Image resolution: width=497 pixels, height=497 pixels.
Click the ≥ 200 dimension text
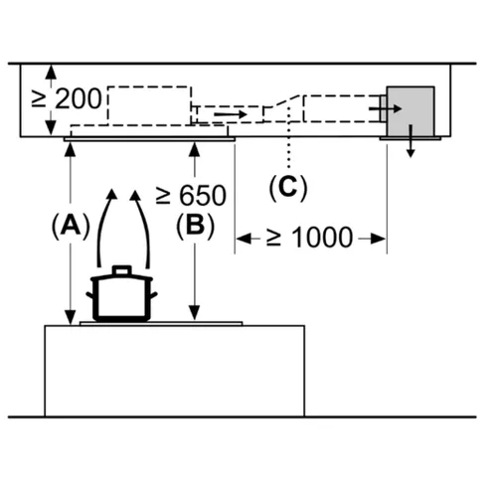coord(67,98)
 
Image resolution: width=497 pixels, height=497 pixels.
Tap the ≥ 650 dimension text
coord(191,195)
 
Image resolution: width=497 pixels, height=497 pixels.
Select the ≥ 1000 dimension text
coord(309,238)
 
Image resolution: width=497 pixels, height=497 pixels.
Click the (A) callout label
coord(71,225)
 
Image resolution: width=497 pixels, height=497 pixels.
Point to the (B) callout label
coord(195,226)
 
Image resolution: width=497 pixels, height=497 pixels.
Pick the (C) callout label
coord(288,188)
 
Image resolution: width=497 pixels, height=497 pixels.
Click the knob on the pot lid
coord(122,270)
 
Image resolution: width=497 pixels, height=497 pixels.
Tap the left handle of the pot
coord(89,295)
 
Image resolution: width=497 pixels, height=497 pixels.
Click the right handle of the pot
coord(154,295)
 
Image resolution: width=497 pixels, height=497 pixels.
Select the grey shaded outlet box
coord(411,111)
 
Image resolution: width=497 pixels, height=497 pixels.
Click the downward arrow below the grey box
coord(411,141)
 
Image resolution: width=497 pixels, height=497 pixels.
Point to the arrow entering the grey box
coord(386,108)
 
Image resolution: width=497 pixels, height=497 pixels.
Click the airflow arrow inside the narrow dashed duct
coord(231,114)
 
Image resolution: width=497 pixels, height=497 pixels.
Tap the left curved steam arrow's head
coord(112,194)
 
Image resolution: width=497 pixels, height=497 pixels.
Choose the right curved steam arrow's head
coord(135,195)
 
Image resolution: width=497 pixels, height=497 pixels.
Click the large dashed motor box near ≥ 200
coord(150,105)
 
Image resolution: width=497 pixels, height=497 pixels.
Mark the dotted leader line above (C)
coord(289,137)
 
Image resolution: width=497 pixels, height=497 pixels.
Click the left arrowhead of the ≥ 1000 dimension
coord(244,239)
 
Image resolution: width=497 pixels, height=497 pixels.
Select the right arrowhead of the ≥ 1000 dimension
coord(378,239)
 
